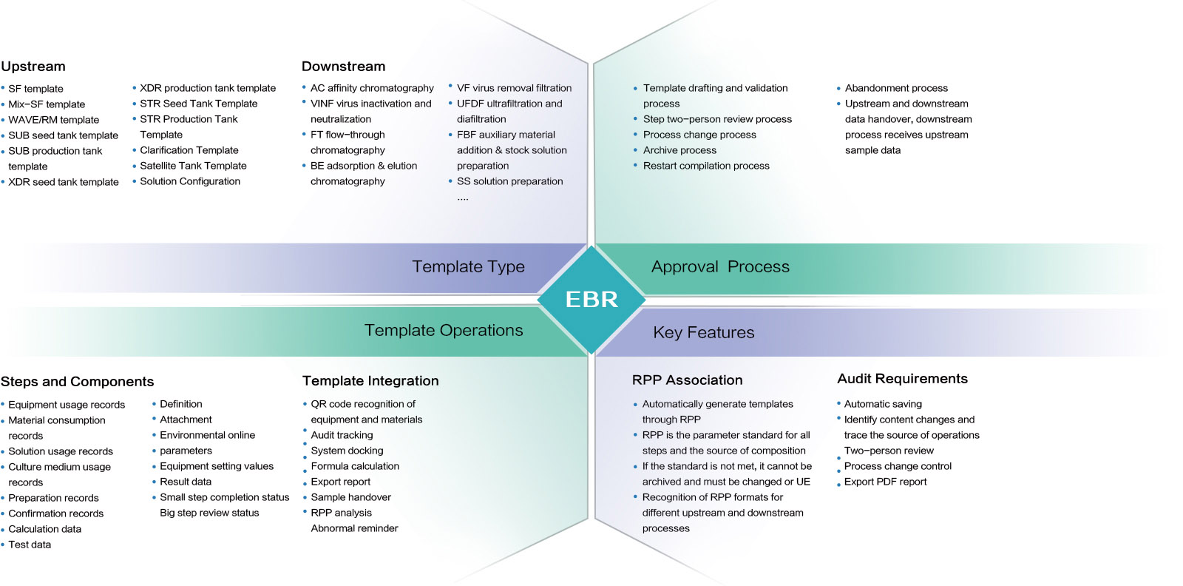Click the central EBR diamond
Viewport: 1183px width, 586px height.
(x=591, y=299)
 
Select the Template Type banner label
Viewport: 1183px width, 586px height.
(x=468, y=266)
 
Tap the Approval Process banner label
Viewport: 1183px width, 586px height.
(x=720, y=266)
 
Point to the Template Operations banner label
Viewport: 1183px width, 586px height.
(x=444, y=330)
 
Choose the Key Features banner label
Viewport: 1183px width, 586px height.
(x=703, y=332)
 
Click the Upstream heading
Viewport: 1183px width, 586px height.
(x=33, y=67)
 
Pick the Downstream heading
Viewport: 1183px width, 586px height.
(x=343, y=67)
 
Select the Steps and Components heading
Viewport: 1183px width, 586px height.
(x=77, y=382)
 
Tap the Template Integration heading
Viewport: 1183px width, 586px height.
(x=370, y=381)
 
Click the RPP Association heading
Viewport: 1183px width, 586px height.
(x=687, y=380)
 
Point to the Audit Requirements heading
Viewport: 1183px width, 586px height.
(x=902, y=379)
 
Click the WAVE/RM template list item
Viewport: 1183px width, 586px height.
(x=53, y=120)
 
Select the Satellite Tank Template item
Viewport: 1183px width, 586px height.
(x=193, y=166)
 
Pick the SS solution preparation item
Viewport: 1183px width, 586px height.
(x=509, y=181)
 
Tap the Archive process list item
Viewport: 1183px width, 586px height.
(x=679, y=150)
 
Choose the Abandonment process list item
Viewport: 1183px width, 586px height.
(x=896, y=88)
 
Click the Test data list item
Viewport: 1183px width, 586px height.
(x=30, y=545)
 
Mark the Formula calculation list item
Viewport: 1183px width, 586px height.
(x=355, y=466)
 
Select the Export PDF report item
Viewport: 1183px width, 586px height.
(x=885, y=482)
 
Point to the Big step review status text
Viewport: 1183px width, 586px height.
(x=209, y=513)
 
